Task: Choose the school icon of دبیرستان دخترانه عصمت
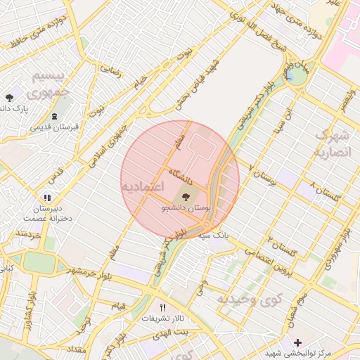[x=47, y=199]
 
